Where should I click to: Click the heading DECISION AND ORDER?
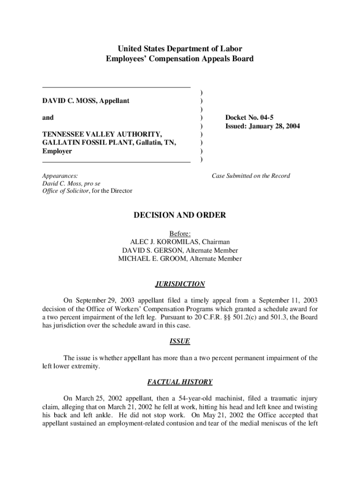(180, 215)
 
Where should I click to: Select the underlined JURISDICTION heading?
(180, 284)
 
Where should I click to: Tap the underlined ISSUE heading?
(180, 341)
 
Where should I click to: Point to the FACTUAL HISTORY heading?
(180, 382)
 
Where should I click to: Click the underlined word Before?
(180, 233)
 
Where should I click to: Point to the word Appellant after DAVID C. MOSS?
(113, 101)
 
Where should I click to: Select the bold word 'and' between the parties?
(48, 118)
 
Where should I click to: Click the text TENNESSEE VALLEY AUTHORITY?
(102, 135)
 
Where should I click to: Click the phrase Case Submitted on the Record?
(251, 176)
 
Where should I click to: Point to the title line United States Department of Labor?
(180, 49)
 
